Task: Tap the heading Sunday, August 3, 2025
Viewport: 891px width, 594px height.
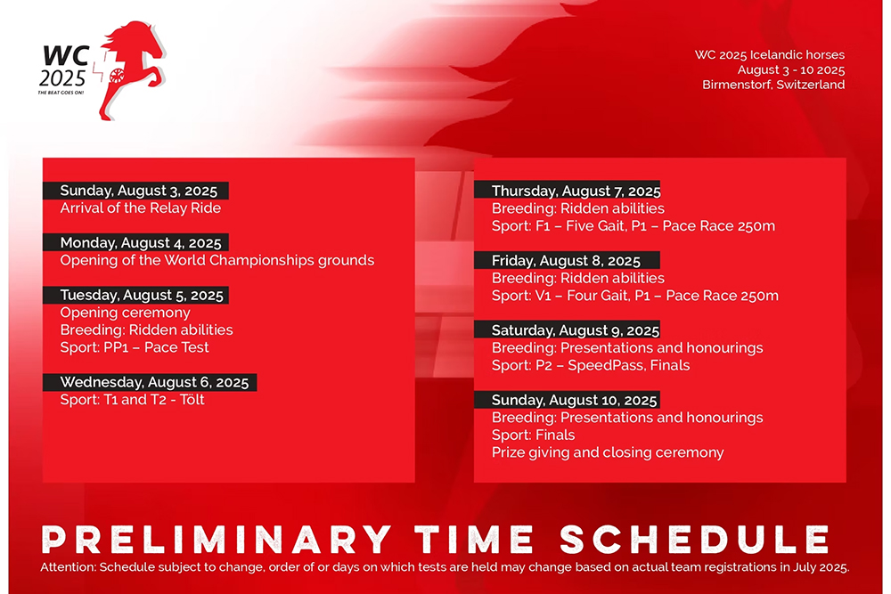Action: (x=139, y=191)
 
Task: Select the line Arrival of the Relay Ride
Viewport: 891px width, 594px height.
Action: (x=141, y=207)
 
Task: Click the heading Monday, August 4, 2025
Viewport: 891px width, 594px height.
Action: (x=141, y=243)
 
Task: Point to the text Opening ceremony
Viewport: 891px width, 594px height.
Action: (x=125, y=313)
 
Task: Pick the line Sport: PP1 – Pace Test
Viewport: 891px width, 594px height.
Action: (x=135, y=347)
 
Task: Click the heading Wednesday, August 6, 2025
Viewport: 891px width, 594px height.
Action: (x=154, y=382)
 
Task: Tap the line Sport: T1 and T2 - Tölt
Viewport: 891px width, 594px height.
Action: (x=133, y=400)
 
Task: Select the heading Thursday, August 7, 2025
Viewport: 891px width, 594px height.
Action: (x=576, y=191)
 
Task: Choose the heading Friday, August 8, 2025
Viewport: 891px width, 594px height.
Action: (x=566, y=261)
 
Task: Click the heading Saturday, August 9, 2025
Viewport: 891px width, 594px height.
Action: (x=576, y=330)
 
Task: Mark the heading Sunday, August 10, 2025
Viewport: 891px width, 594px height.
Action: (x=574, y=401)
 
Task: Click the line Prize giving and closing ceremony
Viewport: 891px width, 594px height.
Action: (x=608, y=452)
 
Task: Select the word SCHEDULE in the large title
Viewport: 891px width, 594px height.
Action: (x=694, y=539)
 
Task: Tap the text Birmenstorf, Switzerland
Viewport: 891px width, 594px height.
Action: (x=773, y=85)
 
